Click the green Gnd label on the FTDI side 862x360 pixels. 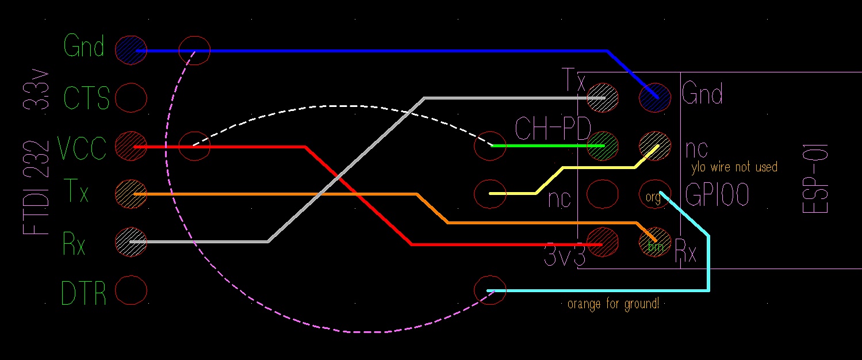pyautogui.click(x=84, y=45)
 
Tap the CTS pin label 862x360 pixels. pyautogui.click(x=86, y=98)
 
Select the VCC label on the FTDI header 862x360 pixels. pyautogui.click(x=82, y=147)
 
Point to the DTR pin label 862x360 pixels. pyautogui.click(x=83, y=293)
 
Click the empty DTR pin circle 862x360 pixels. pyautogui.click(x=131, y=290)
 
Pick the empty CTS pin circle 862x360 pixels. pyautogui.click(x=131, y=98)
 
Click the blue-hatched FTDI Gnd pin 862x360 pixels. pyautogui.click(x=131, y=51)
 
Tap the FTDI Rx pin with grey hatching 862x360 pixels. pyautogui.click(x=131, y=242)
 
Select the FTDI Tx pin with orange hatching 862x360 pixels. pyautogui.click(x=131, y=194)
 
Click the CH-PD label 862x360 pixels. pyautogui.click(x=553, y=128)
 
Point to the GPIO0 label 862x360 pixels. pyautogui.click(x=717, y=194)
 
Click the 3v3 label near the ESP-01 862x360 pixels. pyautogui.click(x=565, y=255)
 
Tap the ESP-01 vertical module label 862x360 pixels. pyautogui.click(x=815, y=179)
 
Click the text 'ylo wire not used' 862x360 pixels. pyautogui.click(x=734, y=167)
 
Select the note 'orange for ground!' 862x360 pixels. pyautogui.click(x=614, y=304)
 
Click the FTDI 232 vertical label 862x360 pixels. pyautogui.click(x=36, y=187)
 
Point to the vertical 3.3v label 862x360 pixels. pyautogui.click(x=36, y=90)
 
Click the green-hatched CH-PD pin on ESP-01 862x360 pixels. pyautogui.click(x=603, y=146)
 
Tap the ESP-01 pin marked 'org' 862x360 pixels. pyautogui.click(x=654, y=194)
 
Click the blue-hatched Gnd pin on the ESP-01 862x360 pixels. pyautogui.click(x=654, y=98)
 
